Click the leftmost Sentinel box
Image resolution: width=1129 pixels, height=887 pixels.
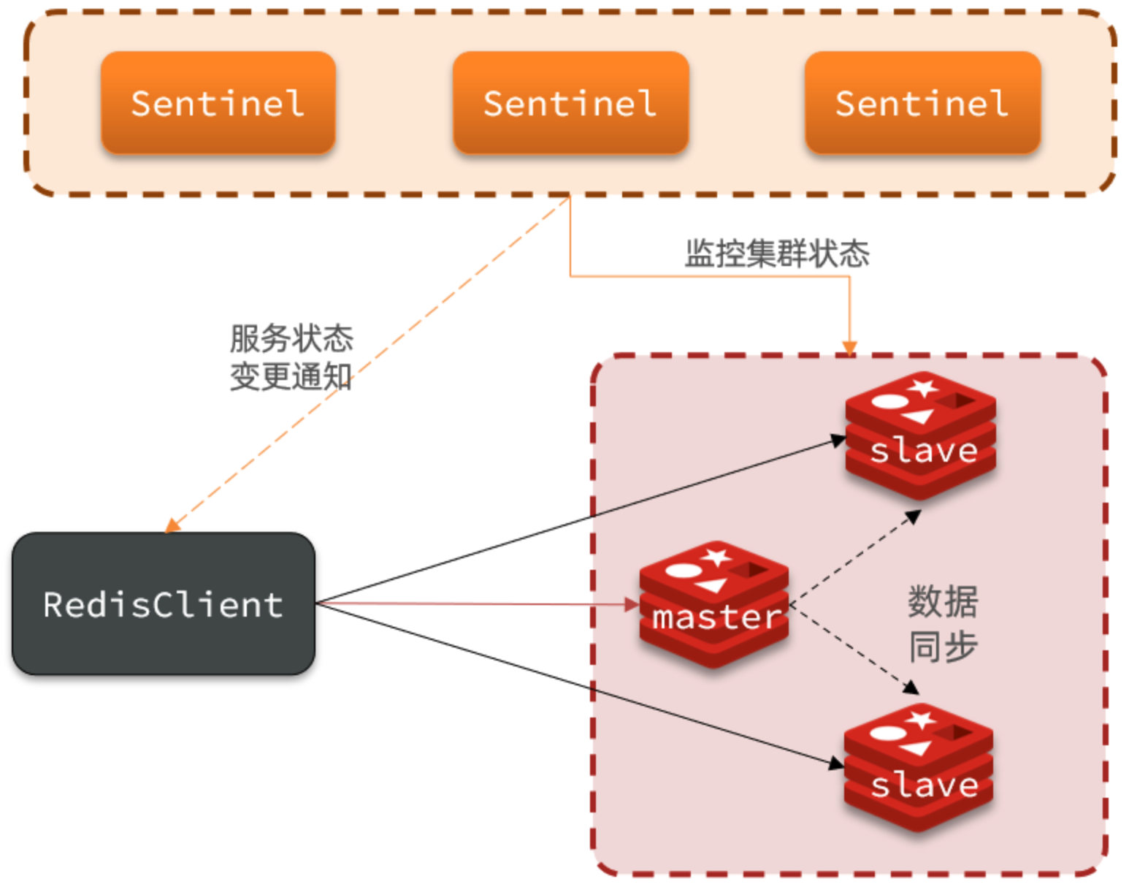coord(218,102)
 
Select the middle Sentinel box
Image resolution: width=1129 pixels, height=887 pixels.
coord(570,102)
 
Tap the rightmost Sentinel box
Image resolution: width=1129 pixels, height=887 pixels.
coord(923,102)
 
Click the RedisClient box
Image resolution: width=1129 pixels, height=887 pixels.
coord(164,604)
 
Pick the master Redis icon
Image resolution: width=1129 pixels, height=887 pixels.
coord(714,604)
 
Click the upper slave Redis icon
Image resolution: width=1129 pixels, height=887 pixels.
coord(920,435)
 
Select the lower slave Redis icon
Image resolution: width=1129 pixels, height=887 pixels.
coord(919,767)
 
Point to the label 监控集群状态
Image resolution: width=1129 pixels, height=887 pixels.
coord(777,254)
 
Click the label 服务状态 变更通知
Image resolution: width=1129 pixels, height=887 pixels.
coord(291,357)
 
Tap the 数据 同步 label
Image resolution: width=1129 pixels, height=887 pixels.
coord(943,623)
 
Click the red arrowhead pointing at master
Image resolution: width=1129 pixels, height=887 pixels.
coord(632,604)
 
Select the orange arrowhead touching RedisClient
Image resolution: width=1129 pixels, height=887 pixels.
coord(172,525)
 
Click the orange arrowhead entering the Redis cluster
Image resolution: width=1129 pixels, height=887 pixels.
coord(849,348)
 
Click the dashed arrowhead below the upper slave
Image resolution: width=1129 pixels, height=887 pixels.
coord(913,516)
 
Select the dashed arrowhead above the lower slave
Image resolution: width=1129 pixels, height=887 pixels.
coord(911,688)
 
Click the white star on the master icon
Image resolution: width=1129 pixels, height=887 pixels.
coord(717,557)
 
